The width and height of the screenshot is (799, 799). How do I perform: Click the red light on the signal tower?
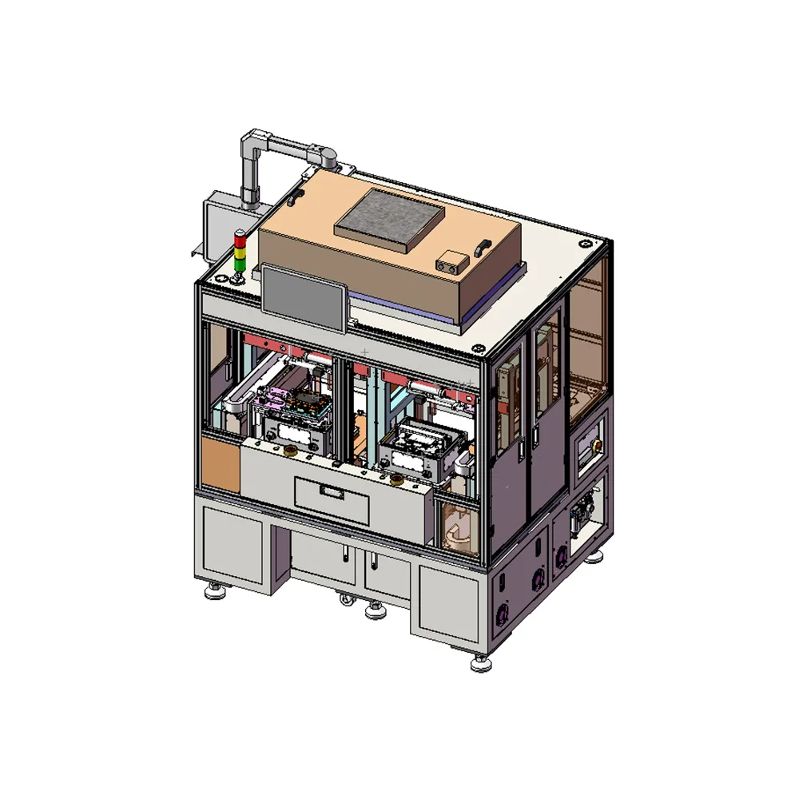point(238,237)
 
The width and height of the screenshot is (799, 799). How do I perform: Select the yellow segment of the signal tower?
point(238,249)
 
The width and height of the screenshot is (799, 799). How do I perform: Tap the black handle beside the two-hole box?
point(481,248)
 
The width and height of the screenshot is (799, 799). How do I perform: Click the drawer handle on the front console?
point(331,490)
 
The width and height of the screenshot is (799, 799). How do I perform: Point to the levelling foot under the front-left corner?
point(214,592)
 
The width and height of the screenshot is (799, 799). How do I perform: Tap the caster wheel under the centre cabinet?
point(373,610)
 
